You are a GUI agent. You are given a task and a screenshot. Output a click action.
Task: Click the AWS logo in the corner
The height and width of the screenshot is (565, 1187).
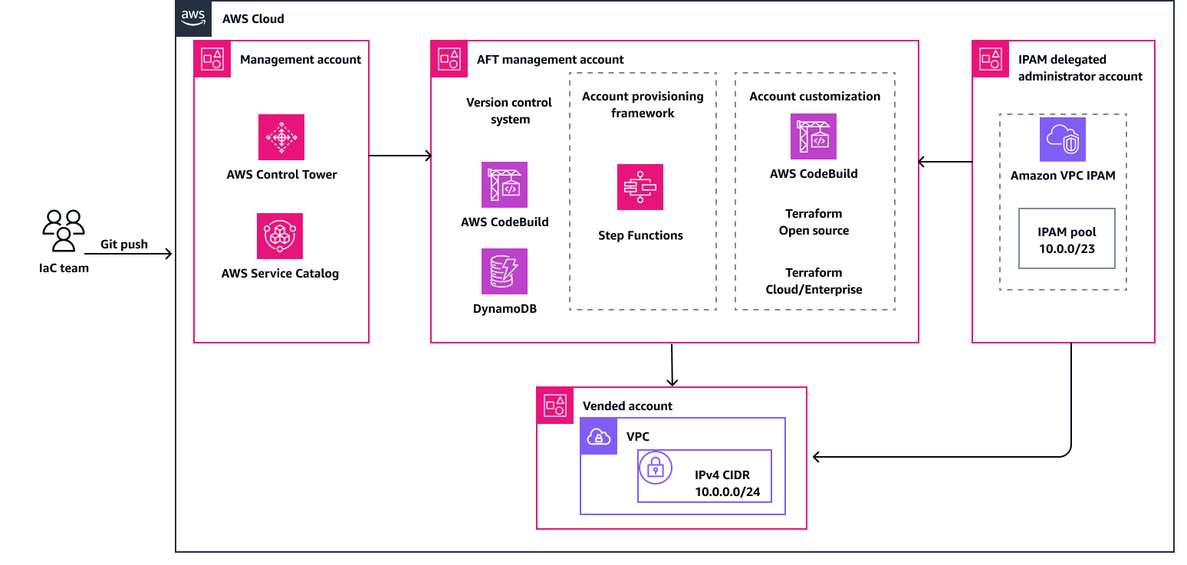tap(193, 18)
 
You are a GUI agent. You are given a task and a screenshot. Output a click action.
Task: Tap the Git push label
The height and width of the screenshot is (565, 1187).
tap(124, 245)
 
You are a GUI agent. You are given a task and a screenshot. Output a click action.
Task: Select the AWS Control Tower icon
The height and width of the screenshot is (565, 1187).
tap(281, 137)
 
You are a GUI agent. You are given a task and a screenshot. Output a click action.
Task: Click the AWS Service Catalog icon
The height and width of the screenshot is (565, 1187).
tap(280, 236)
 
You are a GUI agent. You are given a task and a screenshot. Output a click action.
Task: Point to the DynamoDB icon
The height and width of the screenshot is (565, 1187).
tap(505, 271)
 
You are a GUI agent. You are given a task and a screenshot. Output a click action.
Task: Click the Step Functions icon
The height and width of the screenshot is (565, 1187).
tap(640, 187)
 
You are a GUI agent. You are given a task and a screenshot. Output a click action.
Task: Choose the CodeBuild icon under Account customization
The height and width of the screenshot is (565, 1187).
tap(814, 136)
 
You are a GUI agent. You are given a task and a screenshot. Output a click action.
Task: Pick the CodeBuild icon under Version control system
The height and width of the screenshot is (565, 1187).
tap(505, 185)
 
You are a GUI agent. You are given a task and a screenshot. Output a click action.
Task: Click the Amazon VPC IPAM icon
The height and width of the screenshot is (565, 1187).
tap(1062, 140)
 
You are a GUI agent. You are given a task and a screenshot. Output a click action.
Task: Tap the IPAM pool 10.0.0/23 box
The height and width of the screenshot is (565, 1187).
tap(1067, 238)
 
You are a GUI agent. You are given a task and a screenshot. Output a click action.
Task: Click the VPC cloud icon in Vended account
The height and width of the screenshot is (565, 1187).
tap(598, 437)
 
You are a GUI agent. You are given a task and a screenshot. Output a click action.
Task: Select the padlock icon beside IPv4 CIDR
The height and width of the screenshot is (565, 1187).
tap(656, 468)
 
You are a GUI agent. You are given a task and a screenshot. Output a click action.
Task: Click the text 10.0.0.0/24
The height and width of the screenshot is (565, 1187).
tap(727, 492)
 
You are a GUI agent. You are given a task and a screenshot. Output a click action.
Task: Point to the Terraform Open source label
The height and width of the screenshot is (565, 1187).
tap(814, 222)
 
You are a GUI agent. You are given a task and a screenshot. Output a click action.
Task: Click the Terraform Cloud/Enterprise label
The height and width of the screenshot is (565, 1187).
tap(814, 281)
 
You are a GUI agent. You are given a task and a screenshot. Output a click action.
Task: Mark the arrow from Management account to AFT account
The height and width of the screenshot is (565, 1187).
tap(400, 156)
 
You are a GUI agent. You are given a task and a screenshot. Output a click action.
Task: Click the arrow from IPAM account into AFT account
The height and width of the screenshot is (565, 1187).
tap(945, 162)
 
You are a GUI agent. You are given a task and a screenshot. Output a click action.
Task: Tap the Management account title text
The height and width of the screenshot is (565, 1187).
tap(300, 59)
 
